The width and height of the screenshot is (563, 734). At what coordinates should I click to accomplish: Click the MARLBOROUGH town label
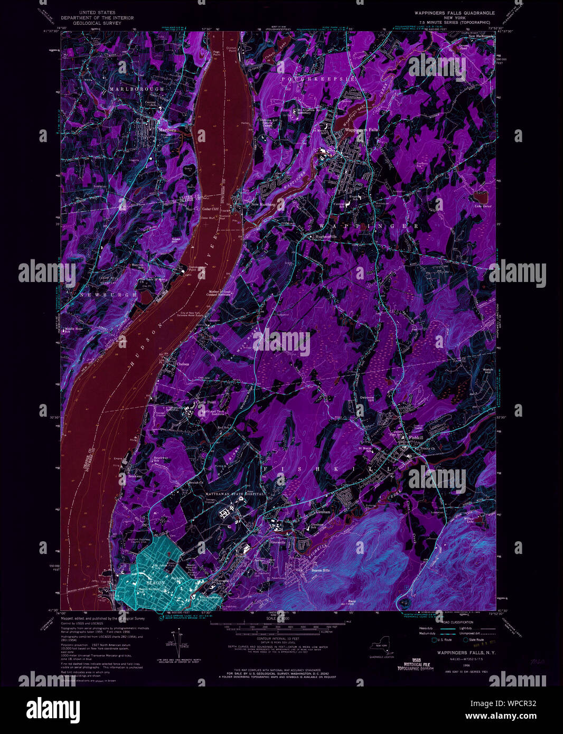[x=136, y=89]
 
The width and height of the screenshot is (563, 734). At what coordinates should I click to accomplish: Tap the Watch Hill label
[x=488, y=371]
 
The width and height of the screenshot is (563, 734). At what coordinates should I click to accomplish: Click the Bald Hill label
[x=352, y=603]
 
